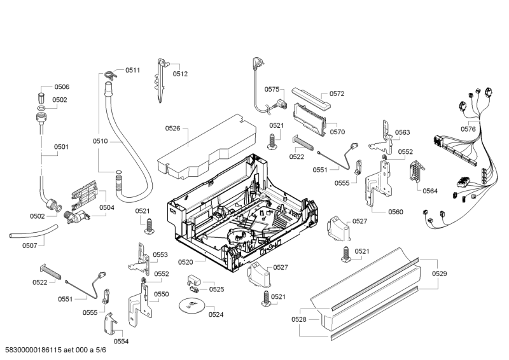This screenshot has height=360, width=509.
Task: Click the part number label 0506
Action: tap(62, 87)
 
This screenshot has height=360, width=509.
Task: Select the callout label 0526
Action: tap(173, 128)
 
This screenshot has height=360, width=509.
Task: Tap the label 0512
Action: tap(181, 74)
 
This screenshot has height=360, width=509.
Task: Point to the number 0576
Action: tap(468, 129)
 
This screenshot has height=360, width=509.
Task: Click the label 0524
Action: tap(216, 314)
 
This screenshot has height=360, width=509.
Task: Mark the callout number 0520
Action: tap(186, 262)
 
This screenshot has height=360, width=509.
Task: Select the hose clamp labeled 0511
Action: tap(109, 74)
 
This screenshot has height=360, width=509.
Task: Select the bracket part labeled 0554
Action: tap(110, 324)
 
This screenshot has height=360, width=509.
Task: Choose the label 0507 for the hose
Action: tap(29, 246)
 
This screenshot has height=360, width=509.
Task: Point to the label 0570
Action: tap(337, 132)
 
